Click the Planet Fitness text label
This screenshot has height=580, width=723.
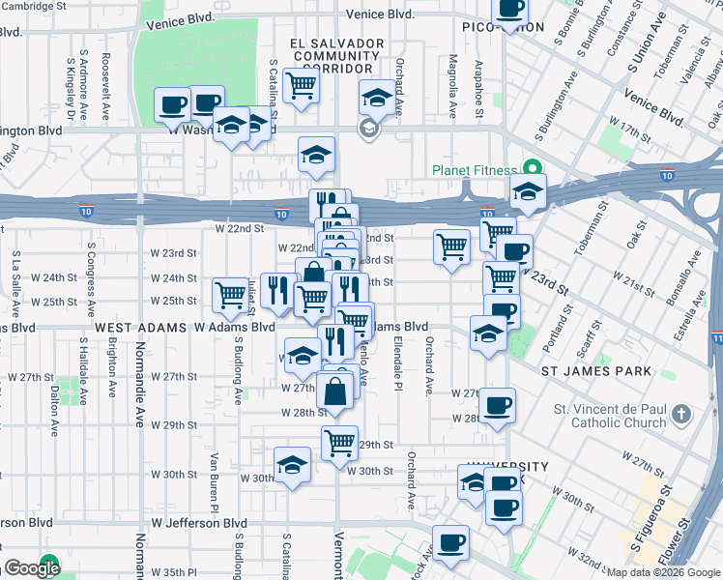474,171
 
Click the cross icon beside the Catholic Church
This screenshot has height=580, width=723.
681,415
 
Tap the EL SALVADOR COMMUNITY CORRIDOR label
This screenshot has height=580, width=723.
337,56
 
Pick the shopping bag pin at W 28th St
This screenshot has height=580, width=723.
334,392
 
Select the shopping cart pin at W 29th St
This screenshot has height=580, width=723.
339,444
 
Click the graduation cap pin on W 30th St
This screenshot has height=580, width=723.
292,465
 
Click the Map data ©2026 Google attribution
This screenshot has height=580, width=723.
663,572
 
